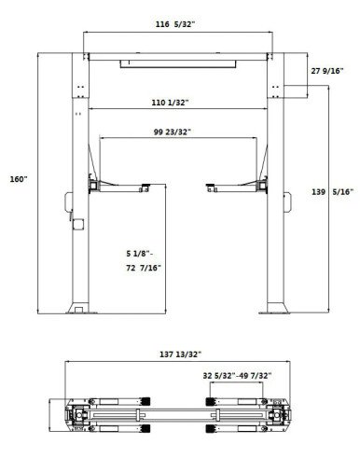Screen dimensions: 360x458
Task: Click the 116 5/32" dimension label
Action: pyautogui.click(x=175, y=24)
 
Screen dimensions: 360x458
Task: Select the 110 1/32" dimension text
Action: pyautogui.click(x=170, y=103)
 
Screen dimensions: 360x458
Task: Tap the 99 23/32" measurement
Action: pyautogui.click(x=172, y=132)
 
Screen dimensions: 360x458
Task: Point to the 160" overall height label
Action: pyautogui.click(x=19, y=179)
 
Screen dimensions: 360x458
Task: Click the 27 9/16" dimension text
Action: pyautogui.click(x=327, y=71)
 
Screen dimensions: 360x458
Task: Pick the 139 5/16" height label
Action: pyautogui.click(x=333, y=192)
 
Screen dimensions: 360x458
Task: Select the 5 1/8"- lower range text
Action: pyautogui.click(x=140, y=254)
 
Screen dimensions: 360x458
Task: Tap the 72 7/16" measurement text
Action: pyautogui.click(x=144, y=268)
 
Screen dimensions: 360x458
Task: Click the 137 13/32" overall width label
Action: pyautogui.click(x=181, y=354)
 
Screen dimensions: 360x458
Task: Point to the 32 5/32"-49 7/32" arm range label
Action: pyautogui.click(x=237, y=376)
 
